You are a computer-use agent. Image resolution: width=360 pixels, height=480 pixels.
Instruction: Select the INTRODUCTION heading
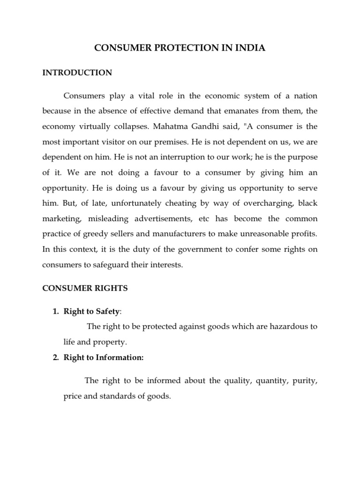coord(77,73)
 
